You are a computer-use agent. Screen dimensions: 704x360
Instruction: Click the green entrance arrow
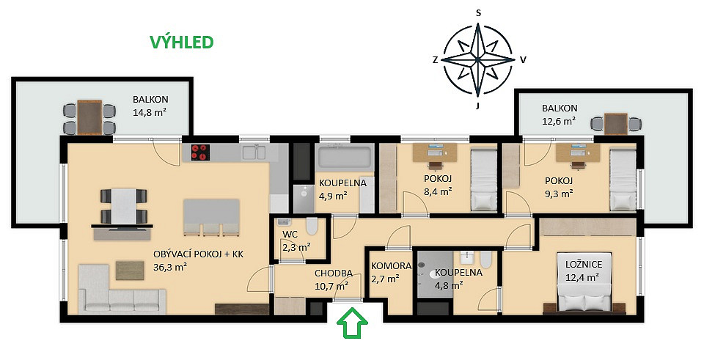coord(353,322)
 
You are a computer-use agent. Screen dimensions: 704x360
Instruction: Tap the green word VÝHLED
coord(181,43)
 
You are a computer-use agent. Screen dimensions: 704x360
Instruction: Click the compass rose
coord(477,59)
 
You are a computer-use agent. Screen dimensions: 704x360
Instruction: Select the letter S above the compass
coord(478,13)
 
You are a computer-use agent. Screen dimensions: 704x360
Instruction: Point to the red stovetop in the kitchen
coord(200,153)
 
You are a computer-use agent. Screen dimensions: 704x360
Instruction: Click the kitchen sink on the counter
coord(254,152)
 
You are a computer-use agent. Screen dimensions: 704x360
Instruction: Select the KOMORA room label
coord(392,265)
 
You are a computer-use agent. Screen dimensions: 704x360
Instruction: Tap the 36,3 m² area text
coord(170,267)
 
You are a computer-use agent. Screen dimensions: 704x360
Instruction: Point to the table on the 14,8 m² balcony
coord(89,117)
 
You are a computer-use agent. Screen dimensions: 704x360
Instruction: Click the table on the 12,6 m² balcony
coord(615,123)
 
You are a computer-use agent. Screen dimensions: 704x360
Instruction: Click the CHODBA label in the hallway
coord(333,273)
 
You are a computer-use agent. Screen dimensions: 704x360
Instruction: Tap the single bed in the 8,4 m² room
coord(483,180)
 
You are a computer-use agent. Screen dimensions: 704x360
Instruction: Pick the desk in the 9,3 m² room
coord(578,153)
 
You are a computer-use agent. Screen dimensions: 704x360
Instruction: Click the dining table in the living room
coord(124,206)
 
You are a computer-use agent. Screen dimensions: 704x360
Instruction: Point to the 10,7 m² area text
coord(331,286)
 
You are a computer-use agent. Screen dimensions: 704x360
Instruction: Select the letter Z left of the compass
coord(435,60)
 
